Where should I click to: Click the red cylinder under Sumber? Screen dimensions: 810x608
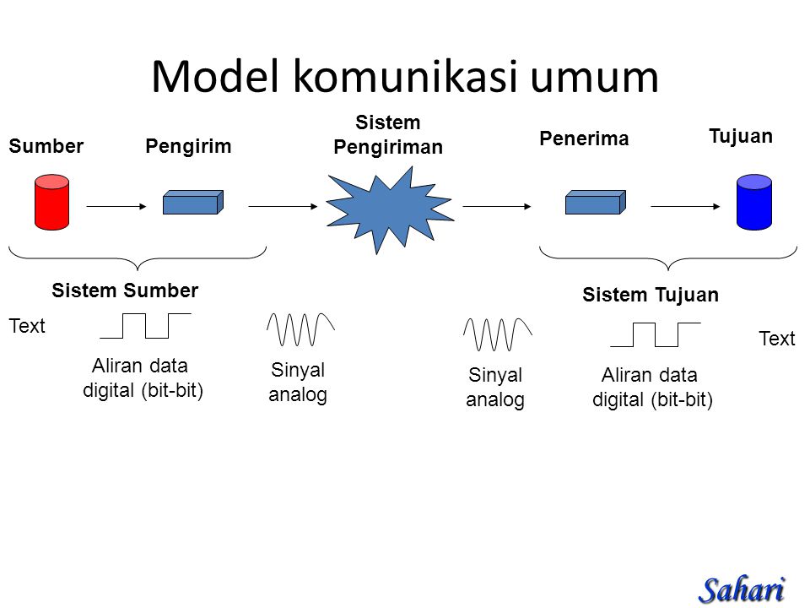point(51,202)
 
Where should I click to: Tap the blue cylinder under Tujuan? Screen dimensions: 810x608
point(754,202)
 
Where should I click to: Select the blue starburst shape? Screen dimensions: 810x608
point(390,210)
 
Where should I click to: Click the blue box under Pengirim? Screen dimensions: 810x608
point(193,202)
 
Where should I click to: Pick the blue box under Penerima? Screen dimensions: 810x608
point(596,202)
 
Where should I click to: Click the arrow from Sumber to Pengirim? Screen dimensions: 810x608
point(116,206)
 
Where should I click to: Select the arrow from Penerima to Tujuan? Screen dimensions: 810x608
point(685,206)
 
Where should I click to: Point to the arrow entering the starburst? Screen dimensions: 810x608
point(283,206)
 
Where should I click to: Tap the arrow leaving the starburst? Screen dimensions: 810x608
point(497,206)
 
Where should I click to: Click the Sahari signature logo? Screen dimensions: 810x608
point(742,590)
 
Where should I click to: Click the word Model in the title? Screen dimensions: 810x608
point(215,77)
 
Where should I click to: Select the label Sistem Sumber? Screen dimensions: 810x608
point(125,290)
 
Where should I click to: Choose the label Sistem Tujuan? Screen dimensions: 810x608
point(651,295)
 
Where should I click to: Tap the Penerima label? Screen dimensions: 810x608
point(584,138)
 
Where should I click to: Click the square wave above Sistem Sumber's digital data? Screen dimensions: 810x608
point(146,326)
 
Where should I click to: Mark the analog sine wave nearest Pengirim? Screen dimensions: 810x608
point(300,329)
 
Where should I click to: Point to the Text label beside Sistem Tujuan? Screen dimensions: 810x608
point(777,339)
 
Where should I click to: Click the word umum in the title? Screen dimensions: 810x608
point(595,79)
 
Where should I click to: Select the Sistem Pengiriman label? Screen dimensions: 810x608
point(388,135)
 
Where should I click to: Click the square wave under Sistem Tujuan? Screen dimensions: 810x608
point(656,334)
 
